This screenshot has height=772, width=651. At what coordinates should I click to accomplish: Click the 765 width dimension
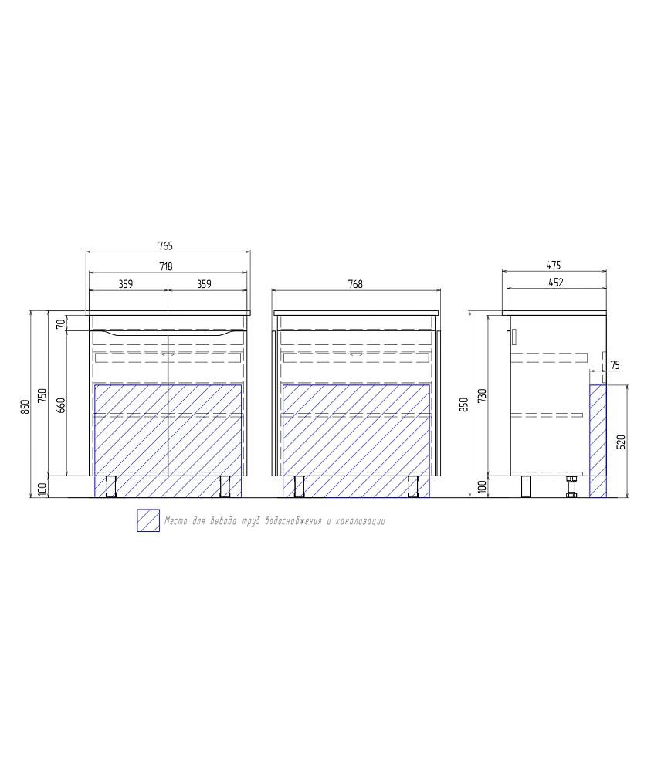166,245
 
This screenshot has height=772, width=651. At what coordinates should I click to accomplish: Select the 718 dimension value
166,266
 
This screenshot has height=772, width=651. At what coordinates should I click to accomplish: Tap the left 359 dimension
126,284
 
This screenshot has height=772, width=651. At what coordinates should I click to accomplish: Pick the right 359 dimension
204,284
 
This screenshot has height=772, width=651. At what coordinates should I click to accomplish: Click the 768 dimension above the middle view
355,284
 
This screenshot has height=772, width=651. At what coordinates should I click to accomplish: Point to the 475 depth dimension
554,266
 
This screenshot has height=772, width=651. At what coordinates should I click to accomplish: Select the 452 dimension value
555,283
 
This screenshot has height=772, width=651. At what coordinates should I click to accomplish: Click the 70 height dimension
60,324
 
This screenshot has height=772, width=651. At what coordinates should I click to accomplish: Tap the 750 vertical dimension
42,396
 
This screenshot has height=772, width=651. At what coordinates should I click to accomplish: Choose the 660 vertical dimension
61,405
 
